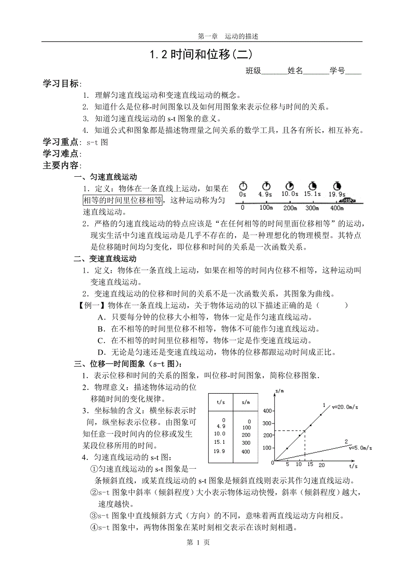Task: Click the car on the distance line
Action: (349, 200)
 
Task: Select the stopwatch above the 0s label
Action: (242, 186)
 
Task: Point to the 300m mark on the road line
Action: (312, 208)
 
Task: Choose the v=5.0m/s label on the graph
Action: (360, 448)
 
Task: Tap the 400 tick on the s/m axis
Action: (267, 411)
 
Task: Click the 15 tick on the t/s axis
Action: (310, 465)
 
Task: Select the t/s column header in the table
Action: (221, 402)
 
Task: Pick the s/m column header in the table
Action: (246, 402)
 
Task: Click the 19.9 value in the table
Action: (219, 451)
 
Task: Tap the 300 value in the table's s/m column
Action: (246, 443)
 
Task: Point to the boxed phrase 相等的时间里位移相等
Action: (123, 200)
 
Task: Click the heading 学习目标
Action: (61, 84)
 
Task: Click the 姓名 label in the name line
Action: (295, 71)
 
